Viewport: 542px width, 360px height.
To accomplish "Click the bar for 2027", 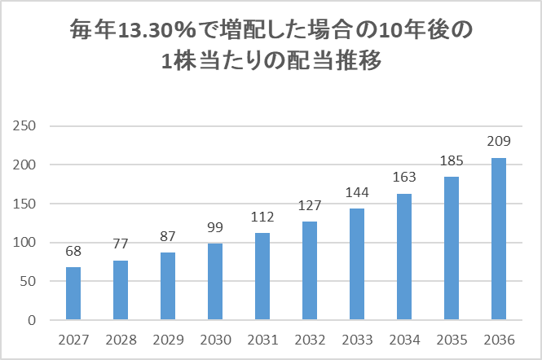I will tap(73, 293).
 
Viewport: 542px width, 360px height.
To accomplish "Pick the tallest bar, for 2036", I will tap(499, 239).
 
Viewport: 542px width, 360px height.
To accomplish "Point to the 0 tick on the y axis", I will tap(33, 320).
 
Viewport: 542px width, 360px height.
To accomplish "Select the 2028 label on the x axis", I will tap(121, 339).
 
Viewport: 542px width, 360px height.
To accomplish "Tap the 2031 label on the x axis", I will tap(262, 339).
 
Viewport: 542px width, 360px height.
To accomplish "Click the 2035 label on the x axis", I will tap(452, 339).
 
